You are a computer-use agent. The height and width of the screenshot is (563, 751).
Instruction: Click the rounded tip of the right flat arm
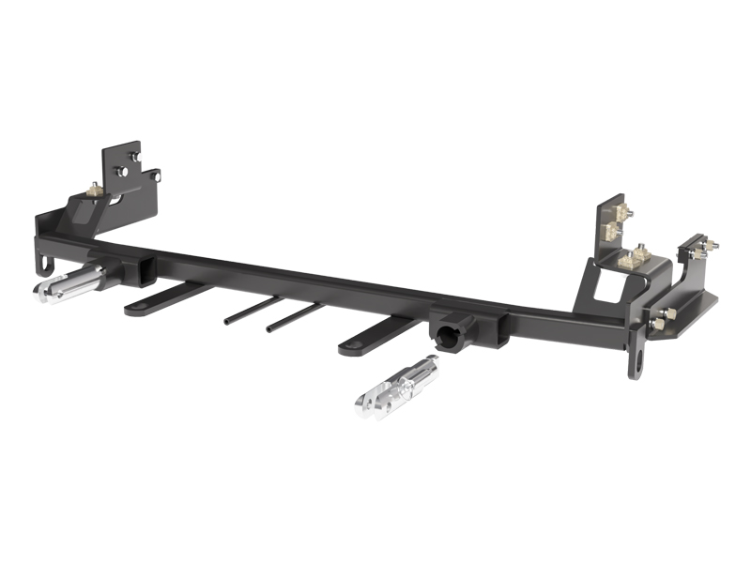click(x=348, y=348)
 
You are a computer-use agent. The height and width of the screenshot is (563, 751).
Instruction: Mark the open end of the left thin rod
click(x=226, y=320)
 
